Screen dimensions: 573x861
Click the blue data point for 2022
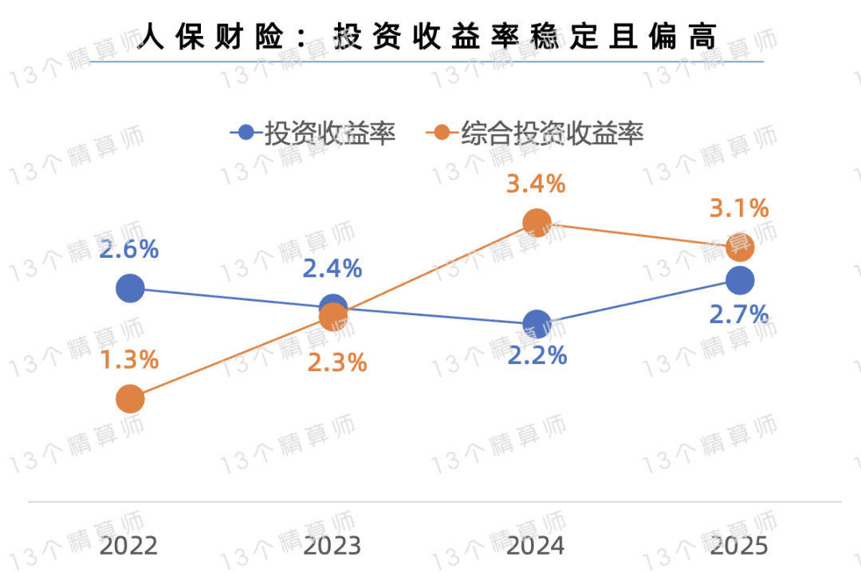(x=130, y=287)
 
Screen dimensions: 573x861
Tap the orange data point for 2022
(x=130, y=398)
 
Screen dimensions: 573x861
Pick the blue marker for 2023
(x=332, y=306)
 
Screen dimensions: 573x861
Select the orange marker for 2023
(x=333, y=318)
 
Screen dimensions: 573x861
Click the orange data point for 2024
(x=537, y=223)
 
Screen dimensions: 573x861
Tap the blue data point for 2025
(x=740, y=280)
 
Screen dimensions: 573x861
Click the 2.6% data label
(x=129, y=249)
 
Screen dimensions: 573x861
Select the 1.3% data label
(x=129, y=360)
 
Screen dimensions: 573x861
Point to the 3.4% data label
(x=536, y=184)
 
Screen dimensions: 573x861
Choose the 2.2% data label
(x=537, y=354)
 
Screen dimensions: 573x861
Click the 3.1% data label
(x=739, y=209)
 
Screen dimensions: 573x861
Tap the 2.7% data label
(x=738, y=314)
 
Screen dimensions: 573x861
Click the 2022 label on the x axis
(x=129, y=546)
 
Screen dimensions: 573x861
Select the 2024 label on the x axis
(x=536, y=546)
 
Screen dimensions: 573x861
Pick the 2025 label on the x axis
(x=739, y=546)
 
